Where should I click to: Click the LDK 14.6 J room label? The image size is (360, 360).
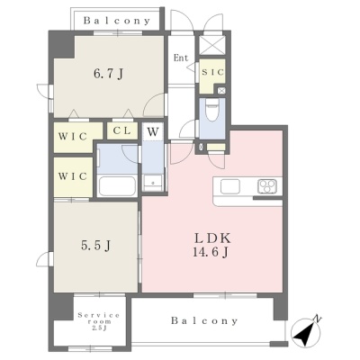(x=212, y=246)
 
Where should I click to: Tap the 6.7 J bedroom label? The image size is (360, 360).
(x=108, y=73)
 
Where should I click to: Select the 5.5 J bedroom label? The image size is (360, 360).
(x=95, y=246)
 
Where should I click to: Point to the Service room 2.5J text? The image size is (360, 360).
(x=99, y=321)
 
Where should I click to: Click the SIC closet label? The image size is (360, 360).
(x=212, y=72)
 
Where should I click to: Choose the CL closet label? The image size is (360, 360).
(x=122, y=130)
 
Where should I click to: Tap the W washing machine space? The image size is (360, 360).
(x=153, y=131)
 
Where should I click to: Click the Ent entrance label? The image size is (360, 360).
(x=181, y=58)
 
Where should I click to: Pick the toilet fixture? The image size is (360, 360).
(x=212, y=110)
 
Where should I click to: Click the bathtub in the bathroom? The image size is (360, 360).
(x=117, y=186)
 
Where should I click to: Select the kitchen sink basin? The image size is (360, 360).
(x=230, y=186)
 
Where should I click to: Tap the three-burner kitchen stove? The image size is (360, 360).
(x=267, y=186)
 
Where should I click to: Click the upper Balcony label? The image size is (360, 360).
(x=117, y=21)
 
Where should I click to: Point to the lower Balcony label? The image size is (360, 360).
(x=204, y=320)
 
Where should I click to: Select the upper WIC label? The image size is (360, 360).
(x=73, y=137)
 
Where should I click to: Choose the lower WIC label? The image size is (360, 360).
(x=73, y=176)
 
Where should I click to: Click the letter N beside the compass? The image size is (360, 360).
(x=317, y=319)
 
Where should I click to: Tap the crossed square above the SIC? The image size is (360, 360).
(x=212, y=45)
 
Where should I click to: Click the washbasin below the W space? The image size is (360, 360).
(x=153, y=183)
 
